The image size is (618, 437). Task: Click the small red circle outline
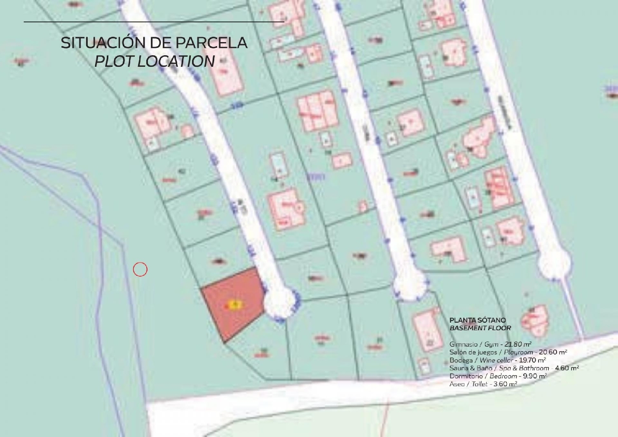140,270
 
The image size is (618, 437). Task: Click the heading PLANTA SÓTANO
478,320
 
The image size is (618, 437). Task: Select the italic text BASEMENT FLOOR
480,328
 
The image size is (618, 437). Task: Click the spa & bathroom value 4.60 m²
567,368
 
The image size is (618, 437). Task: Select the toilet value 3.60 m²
505,384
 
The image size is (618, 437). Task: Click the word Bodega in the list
461,360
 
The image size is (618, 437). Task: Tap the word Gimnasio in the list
463,344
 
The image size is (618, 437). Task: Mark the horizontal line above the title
154,21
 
